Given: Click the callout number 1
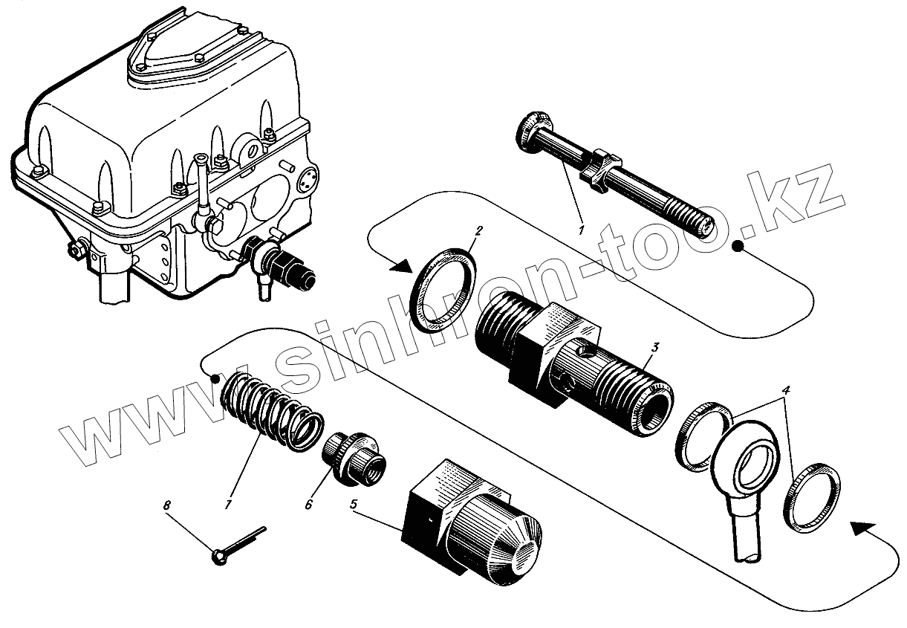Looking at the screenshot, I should (582, 230).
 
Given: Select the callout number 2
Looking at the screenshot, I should (478, 231).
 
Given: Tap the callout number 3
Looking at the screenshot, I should (654, 347).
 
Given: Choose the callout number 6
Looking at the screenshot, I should (308, 505).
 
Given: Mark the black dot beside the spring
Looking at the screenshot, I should (215, 378).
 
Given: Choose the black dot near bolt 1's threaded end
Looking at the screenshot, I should (738, 247).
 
